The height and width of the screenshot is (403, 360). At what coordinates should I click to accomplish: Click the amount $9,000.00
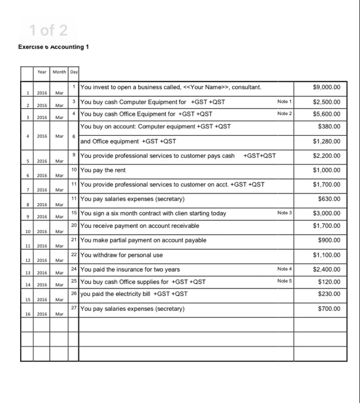327,88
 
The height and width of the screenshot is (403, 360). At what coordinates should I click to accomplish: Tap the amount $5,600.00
327,114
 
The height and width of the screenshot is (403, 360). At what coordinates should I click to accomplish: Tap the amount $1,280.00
327,140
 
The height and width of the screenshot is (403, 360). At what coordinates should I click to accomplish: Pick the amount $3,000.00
327,214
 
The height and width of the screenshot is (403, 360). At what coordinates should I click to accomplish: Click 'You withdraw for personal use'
122,255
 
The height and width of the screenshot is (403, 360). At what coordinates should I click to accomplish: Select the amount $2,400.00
327,269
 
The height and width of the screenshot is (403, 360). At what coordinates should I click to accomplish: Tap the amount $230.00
329,294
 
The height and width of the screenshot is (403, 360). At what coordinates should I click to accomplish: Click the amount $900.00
329,240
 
